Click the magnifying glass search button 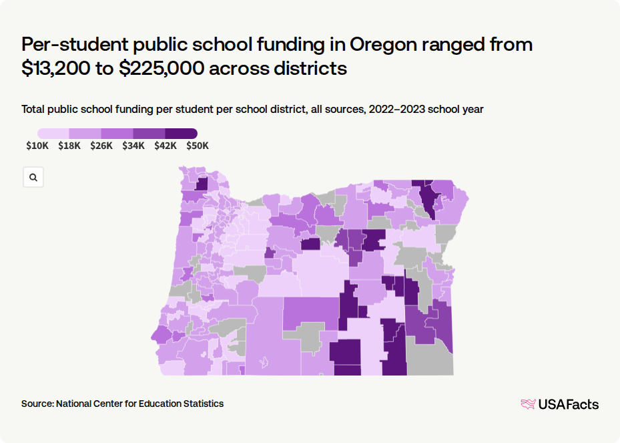pyautogui.click(x=33, y=177)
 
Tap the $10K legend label pyautogui.click(x=37, y=146)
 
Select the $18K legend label pyautogui.click(x=69, y=146)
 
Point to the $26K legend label pyautogui.click(x=101, y=146)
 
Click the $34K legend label pyautogui.click(x=133, y=146)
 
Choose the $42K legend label pyautogui.click(x=166, y=146)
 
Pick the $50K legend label pyautogui.click(x=198, y=146)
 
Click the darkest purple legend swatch pyautogui.click(x=181, y=134)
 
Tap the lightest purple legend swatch pyautogui.click(x=53, y=134)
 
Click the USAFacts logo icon pyautogui.click(x=529, y=404)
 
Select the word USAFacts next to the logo pyautogui.click(x=569, y=404)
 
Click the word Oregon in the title pyautogui.click(x=383, y=44)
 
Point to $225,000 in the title pyautogui.click(x=162, y=68)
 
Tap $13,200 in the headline pyautogui.click(x=56, y=68)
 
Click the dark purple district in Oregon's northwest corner pyautogui.click(x=202, y=184)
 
